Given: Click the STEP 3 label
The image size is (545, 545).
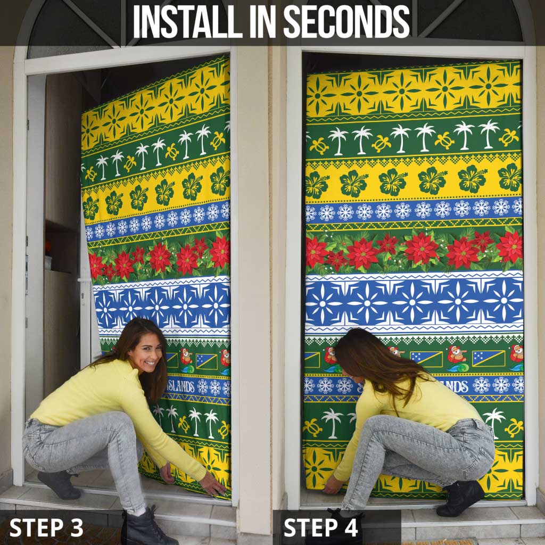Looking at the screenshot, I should (46, 527).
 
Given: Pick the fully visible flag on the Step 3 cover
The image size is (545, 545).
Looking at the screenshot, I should (206, 361).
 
